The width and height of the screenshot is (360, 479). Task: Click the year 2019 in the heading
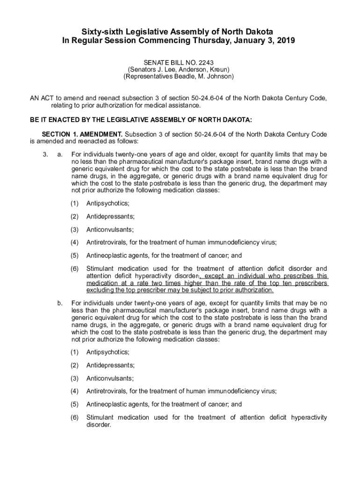pyautogui.click(x=285, y=41)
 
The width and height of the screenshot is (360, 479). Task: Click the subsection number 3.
pyautogui.click(x=44, y=154)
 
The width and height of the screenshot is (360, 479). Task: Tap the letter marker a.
pyautogui.click(x=59, y=154)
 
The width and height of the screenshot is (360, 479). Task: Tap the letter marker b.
pyautogui.click(x=59, y=303)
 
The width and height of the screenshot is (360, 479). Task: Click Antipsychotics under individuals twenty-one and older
pyautogui.click(x=108, y=203)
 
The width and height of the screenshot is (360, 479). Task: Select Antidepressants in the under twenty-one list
pyautogui.click(x=110, y=365)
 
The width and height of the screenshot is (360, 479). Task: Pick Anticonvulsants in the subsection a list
pyautogui.click(x=110, y=230)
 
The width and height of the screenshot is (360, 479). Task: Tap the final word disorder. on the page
pyautogui.click(x=99, y=425)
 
